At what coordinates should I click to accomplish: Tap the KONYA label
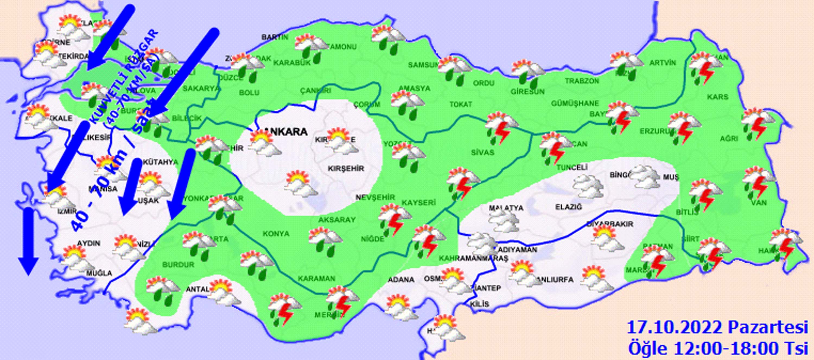coord(276,234)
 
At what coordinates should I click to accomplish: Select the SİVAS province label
coord(482,153)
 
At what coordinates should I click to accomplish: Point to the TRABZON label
coord(582,81)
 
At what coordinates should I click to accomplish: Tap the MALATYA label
coord(506,208)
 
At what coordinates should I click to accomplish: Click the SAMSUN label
coord(423,65)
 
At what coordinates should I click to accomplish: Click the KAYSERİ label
coord(419,202)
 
